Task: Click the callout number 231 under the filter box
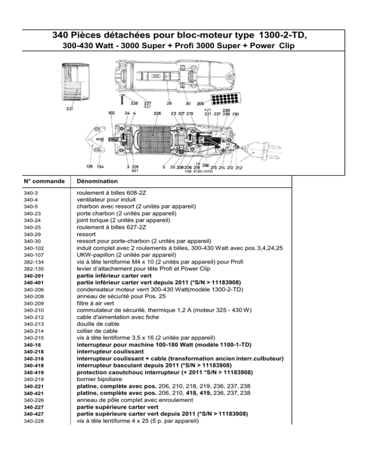pos(70,109)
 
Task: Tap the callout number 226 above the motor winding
pos(157,114)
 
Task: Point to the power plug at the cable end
pos(262,151)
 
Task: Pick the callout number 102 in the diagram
pos(111,113)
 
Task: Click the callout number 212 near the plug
pos(239,168)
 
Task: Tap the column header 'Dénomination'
pos(97,181)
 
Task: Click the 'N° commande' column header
pos(44,181)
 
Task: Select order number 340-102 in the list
pos(34,248)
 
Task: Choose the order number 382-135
pos(34,269)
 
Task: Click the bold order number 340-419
pos(34,373)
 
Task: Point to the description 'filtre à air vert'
pos(96,303)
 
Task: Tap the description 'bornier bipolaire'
pos(99,379)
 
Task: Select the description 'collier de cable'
pos(97,331)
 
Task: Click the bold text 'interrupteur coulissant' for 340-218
pos(110,352)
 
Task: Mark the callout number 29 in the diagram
pos(169,103)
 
